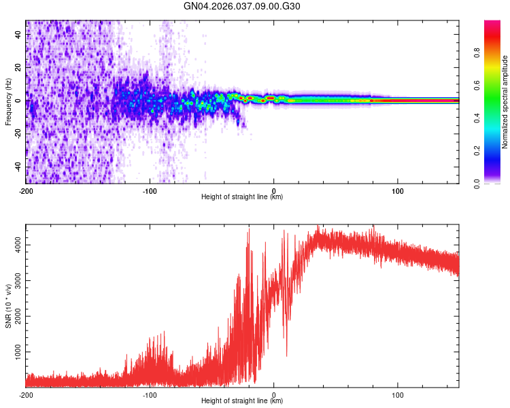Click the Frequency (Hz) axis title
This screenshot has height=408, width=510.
(x=8, y=101)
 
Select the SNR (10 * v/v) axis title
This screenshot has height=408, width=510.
(x=8, y=305)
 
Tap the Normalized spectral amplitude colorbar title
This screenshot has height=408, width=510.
(x=505, y=101)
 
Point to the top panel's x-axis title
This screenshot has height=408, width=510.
(x=242, y=197)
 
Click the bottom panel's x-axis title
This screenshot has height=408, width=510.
(x=242, y=401)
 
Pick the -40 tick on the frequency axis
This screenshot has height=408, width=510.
(x=19, y=167)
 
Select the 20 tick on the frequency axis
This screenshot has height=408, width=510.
(x=19, y=67)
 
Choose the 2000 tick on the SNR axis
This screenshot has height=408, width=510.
(x=19, y=316)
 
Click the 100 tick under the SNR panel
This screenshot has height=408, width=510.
(x=398, y=394)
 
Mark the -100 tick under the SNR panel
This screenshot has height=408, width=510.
(x=150, y=394)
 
